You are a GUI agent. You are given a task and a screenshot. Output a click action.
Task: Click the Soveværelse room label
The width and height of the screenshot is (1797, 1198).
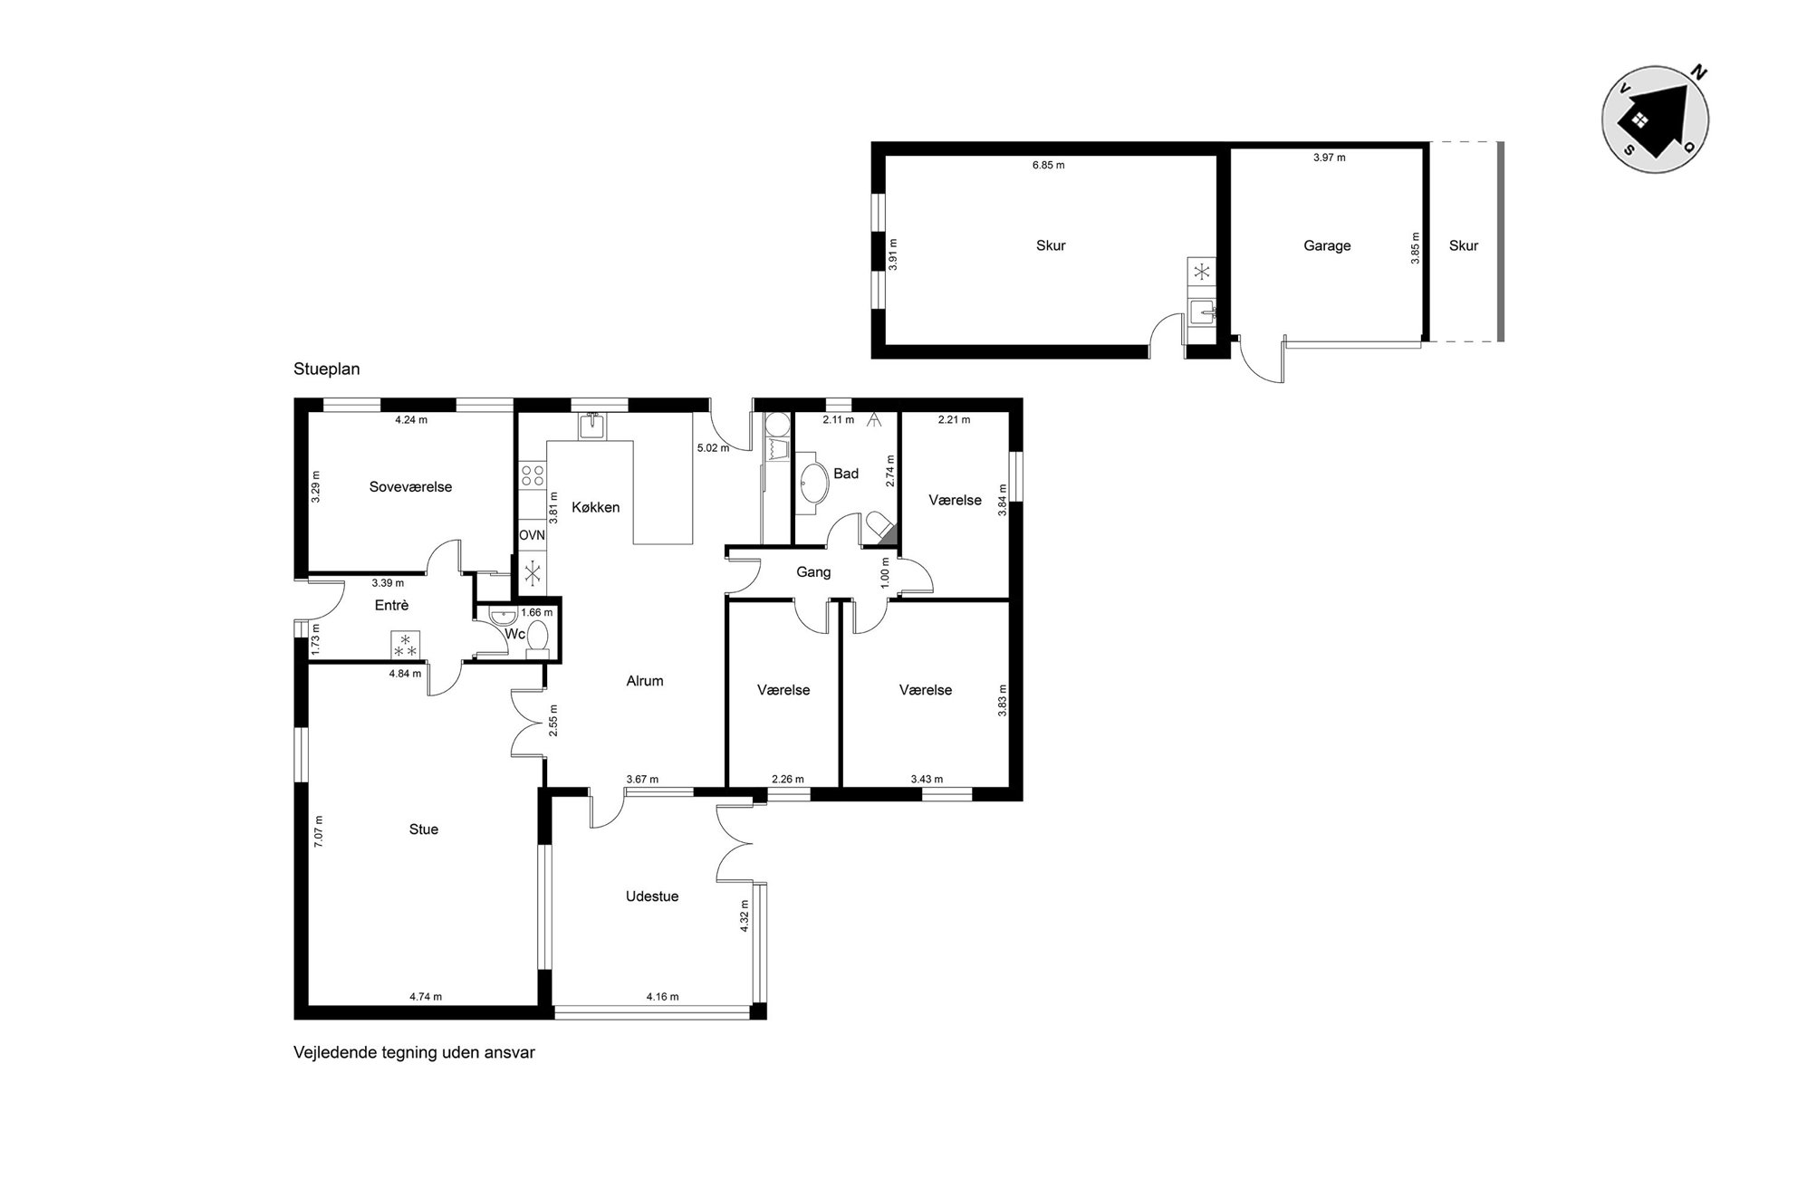tap(410, 487)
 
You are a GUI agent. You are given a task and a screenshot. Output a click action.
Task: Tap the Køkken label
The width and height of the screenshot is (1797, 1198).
tap(596, 507)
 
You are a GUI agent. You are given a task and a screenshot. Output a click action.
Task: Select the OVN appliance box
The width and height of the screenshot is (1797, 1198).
tap(533, 535)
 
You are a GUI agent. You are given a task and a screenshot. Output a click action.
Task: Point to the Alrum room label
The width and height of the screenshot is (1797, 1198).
tap(645, 681)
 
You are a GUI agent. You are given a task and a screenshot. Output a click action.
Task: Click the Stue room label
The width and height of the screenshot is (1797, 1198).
tap(424, 829)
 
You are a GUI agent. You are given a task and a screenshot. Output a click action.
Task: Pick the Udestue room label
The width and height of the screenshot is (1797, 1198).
tap(652, 896)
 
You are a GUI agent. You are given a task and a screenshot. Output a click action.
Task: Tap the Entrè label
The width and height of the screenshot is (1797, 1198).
tap(392, 606)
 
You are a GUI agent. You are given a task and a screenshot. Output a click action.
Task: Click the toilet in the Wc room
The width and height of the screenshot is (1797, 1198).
tap(538, 636)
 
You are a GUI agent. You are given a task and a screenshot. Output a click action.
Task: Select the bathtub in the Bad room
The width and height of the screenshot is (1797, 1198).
tap(812, 484)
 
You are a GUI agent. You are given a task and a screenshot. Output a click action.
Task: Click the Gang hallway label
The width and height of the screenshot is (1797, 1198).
tap(813, 572)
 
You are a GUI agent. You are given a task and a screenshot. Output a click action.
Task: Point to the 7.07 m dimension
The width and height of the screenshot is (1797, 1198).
tap(318, 831)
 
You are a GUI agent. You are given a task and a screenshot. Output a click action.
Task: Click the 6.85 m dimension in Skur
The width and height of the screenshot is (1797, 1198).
tap(1049, 166)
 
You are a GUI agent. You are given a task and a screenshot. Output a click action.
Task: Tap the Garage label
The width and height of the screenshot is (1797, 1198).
tap(1327, 245)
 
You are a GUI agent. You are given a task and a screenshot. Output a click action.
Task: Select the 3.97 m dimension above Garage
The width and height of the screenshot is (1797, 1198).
tap(1330, 158)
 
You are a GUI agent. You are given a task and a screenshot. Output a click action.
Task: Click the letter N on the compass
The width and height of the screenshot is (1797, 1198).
tap(1699, 74)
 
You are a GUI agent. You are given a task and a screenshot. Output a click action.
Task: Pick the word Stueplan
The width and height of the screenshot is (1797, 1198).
tap(327, 369)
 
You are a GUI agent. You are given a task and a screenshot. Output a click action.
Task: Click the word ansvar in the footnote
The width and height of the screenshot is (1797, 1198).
tap(512, 1053)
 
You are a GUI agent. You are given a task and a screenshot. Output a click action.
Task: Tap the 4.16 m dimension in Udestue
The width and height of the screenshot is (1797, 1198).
tap(662, 997)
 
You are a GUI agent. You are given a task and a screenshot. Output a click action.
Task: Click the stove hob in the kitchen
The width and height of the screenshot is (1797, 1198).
tap(533, 475)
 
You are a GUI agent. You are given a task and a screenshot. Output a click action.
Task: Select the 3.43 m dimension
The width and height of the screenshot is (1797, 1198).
tap(927, 779)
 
